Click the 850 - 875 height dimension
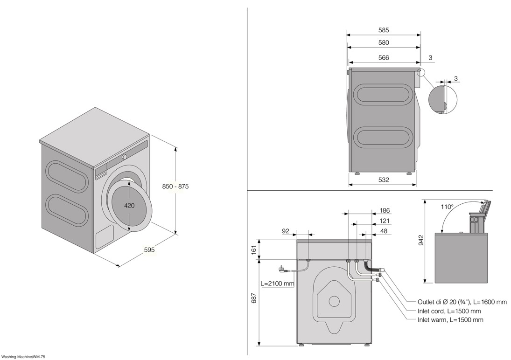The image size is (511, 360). [x=175, y=187]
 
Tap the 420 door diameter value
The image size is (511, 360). [x=129, y=206]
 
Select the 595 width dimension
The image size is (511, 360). [x=149, y=250]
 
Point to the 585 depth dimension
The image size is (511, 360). [x=384, y=30]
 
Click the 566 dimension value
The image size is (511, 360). [x=384, y=58]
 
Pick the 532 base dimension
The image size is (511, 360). [x=384, y=180]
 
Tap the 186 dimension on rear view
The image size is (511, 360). [x=385, y=210]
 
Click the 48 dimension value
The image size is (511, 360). [x=384, y=231]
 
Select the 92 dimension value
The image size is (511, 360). [x=286, y=231]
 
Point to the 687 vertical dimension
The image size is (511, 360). [x=254, y=298]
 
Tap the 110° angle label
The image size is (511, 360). [x=447, y=207]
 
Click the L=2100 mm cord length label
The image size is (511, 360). [x=277, y=284]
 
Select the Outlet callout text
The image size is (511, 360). [x=462, y=302]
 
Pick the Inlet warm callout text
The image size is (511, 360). [x=450, y=319]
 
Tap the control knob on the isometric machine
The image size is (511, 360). [x=125, y=157]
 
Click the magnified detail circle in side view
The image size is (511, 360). [x=442, y=99]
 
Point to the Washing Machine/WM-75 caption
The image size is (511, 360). [x=23, y=357]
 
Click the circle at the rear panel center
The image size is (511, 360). [x=334, y=301]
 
